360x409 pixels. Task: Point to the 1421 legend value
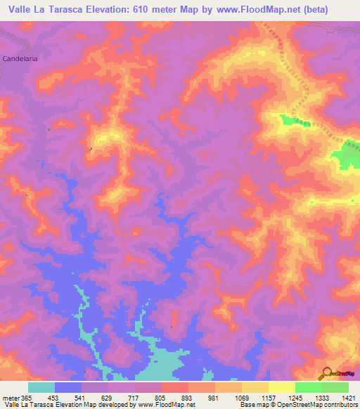click(348, 397)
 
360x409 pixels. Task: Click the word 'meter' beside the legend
click(9, 397)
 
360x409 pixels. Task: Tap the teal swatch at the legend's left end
click(41, 387)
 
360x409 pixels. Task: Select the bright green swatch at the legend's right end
click(335, 387)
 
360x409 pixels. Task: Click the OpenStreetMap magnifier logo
click(326, 372)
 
